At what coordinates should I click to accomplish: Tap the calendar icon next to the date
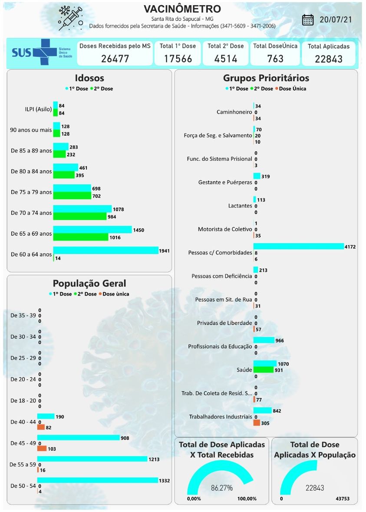coord(308,20)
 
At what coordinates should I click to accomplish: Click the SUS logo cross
coord(45,52)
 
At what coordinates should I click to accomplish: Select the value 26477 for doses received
coord(115,59)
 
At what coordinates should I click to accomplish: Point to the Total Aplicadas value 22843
coord(329,59)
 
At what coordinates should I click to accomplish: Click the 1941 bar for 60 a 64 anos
coord(106,251)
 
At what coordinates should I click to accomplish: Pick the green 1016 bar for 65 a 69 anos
coord(80,237)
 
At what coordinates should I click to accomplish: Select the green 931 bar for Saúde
coord(263,370)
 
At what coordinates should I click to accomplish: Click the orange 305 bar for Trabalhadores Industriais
coord(257,423)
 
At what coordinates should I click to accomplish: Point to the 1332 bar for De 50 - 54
coord(98,480)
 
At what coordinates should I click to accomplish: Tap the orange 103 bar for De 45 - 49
coord(42,449)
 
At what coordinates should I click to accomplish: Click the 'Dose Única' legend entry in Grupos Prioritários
coord(292,89)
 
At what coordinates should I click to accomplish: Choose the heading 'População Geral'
coord(89,284)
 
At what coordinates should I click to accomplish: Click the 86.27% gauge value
coord(221,488)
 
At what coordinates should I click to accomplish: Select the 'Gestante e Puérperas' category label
coord(225,183)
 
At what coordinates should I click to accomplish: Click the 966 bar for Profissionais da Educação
coord(264,340)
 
